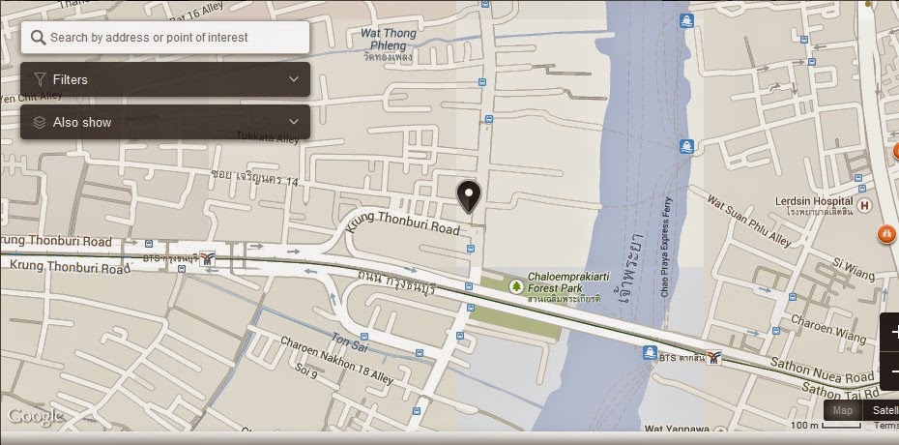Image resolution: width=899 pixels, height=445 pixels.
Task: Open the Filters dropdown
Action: click(x=165, y=79)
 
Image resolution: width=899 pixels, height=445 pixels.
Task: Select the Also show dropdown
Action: click(x=165, y=122)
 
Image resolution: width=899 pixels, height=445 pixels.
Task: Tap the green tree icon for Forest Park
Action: click(x=516, y=285)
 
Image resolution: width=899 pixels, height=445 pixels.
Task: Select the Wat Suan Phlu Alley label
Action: click(x=750, y=218)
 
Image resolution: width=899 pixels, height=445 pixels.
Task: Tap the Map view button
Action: click(x=843, y=410)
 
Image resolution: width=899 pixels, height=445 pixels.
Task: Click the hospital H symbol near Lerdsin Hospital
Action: click(x=865, y=205)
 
